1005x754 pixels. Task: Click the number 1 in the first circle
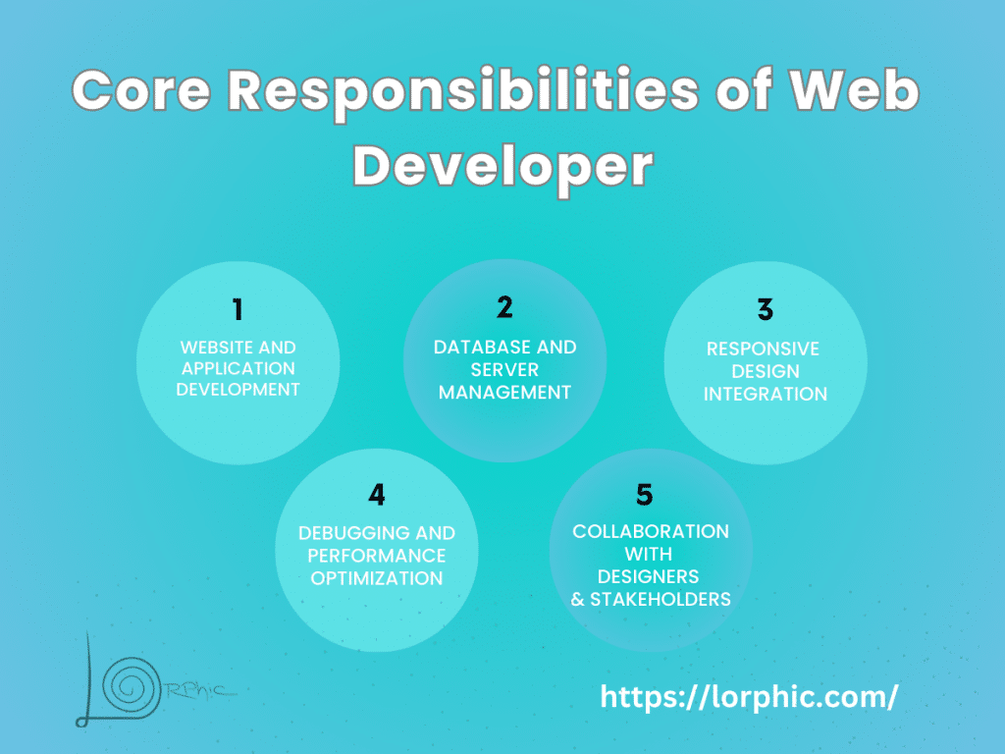click(238, 310)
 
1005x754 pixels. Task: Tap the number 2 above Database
click(504, 307)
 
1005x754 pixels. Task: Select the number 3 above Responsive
click(766, 310)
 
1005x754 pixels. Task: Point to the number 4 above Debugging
click(377, 495)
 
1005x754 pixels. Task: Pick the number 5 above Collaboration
click(645, 494)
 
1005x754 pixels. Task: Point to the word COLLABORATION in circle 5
click(651, 531)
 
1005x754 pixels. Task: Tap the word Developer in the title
click(502, 167)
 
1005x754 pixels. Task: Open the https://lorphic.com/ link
click(749, 697)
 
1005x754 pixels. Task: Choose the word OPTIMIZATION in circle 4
click(377, 578)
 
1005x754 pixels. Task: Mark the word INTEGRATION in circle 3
click(766, 394)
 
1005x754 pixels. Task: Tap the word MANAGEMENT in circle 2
click(504, 392)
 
